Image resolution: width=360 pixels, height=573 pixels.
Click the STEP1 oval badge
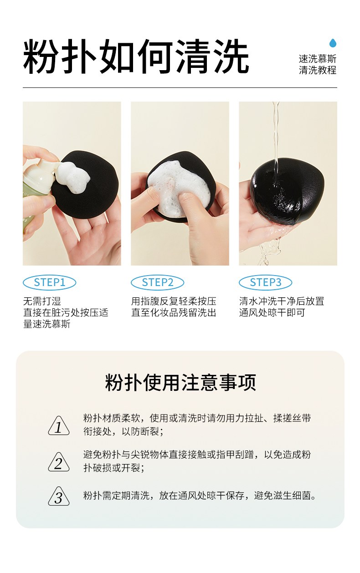click(49, 283)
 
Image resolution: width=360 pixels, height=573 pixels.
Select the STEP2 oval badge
click(157, 283)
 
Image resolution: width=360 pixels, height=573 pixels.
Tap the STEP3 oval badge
click(265, 283)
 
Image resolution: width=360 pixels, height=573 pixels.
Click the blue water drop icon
click(333, 43)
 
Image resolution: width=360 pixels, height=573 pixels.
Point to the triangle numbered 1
click(59, 426)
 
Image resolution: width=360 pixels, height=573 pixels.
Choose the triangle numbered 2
click(59, 462)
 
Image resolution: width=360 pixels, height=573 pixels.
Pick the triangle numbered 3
click(59, 496)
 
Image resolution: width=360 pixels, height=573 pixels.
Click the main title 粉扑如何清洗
click(136, 57)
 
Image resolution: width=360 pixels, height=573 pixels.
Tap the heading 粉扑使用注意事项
click(180, 383)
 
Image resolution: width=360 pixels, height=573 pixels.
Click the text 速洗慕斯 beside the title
click(318, 59)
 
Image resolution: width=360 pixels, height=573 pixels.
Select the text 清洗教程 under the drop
click(318, 70)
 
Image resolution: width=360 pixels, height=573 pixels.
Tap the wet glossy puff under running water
click(287, 191)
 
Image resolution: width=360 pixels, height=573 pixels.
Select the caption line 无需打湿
click(42, 302)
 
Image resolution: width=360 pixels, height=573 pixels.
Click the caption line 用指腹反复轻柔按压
click(174, 302)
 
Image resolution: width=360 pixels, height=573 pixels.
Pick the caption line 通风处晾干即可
click(272, 312)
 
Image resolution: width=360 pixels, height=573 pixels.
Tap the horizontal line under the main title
click(180, 88)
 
